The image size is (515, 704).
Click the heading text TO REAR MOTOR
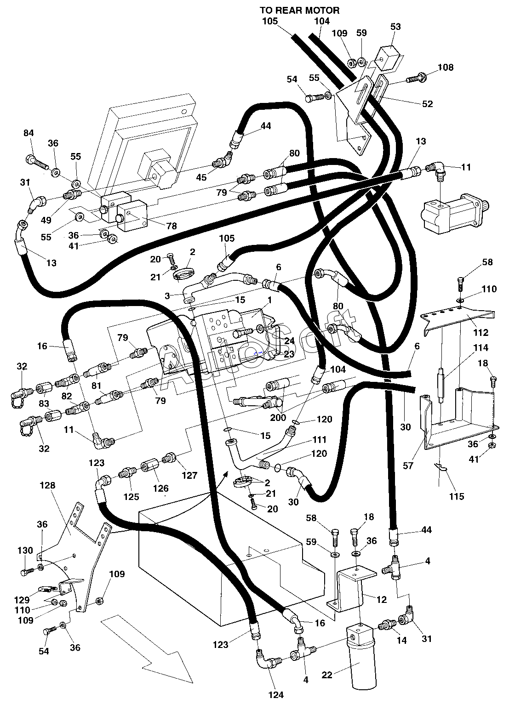click(x=299, y=11)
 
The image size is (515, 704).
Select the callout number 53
click(x=395, y=27)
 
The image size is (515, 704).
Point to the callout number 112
click(x=481, y=332)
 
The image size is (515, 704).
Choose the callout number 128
click(x=47, y=485)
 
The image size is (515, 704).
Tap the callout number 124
click(x=276, y=694)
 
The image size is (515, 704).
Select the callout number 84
click(x=29, y=133)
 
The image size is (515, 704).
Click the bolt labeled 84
click(x=36, y=161)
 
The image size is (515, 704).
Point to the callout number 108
click(x=446, y=67)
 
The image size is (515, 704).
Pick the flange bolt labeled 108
click(x=417, y=78)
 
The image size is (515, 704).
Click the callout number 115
click(x=457, y=496)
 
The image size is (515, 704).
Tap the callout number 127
click(x=189, y=475)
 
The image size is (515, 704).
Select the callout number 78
click(x=172, y=226)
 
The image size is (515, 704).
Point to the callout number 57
click(x=408, y=466)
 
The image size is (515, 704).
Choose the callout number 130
click(x=25, y=551)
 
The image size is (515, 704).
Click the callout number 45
click(x=201, y=177)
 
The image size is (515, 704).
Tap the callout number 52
click(x=427, y=104)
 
